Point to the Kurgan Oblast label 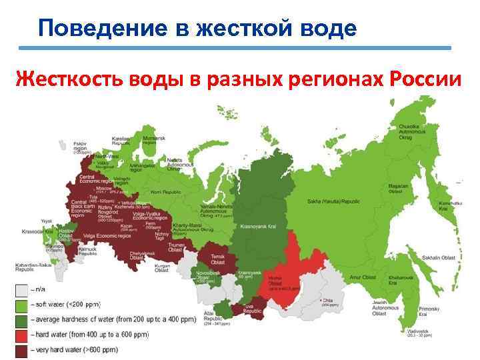(x=162, y=268)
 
